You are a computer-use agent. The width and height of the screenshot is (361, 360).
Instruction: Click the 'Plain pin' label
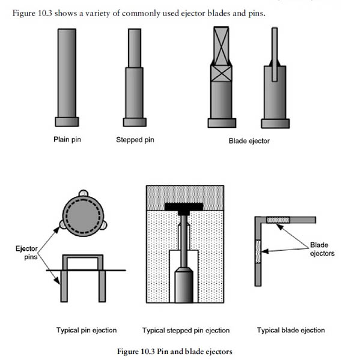click(67, 140)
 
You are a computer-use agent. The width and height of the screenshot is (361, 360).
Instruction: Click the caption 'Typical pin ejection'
click(86, 330)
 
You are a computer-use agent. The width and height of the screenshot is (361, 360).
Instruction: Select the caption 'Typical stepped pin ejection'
click(186, 330)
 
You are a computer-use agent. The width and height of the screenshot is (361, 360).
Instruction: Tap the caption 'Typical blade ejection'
click(291, 330)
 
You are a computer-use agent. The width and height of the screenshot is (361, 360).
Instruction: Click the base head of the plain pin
click(67, 122)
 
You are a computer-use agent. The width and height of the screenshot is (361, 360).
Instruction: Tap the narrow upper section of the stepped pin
click(134, 48)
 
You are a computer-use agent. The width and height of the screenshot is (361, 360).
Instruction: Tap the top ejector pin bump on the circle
click(83, 193)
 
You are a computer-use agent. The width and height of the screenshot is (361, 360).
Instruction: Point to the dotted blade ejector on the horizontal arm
click(278, 220)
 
